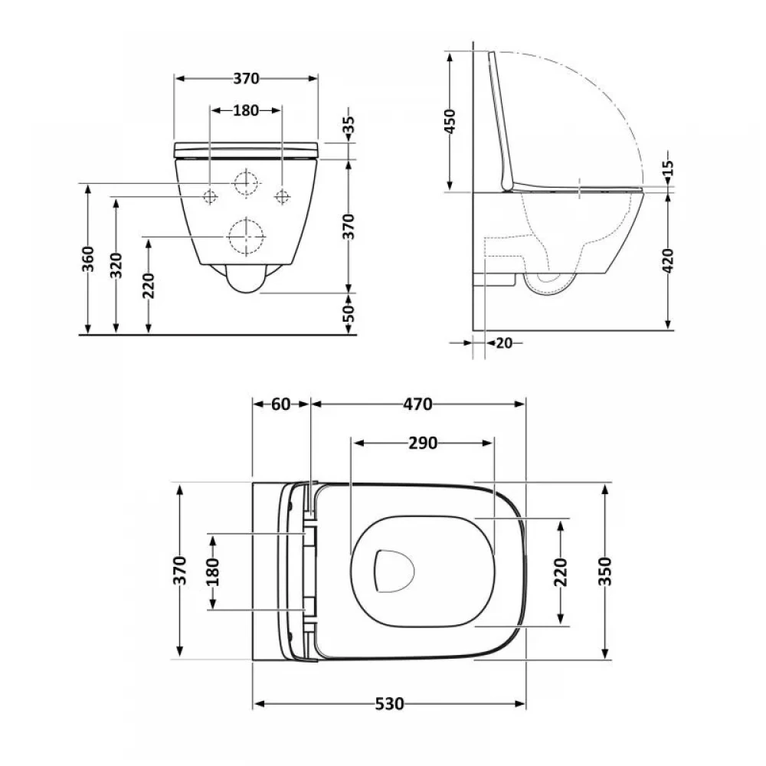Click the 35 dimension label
click(350, 126)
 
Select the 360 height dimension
click(89, 260)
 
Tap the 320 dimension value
click(117, 265)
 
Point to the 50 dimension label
click(349, 313)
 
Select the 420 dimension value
click(668, 261)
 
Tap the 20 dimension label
click(503, 343)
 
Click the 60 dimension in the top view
click(281, 404)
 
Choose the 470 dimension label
click(418, 404)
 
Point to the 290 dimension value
click(422, 443)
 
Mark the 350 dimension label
click(605, 571)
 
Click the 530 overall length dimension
click(389, 703)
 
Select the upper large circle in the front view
click(246, 184)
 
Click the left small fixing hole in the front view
click(210, 197)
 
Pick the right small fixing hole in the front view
click(282, 197)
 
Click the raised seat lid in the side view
click(502, 123)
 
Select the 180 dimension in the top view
click(212, 571)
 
